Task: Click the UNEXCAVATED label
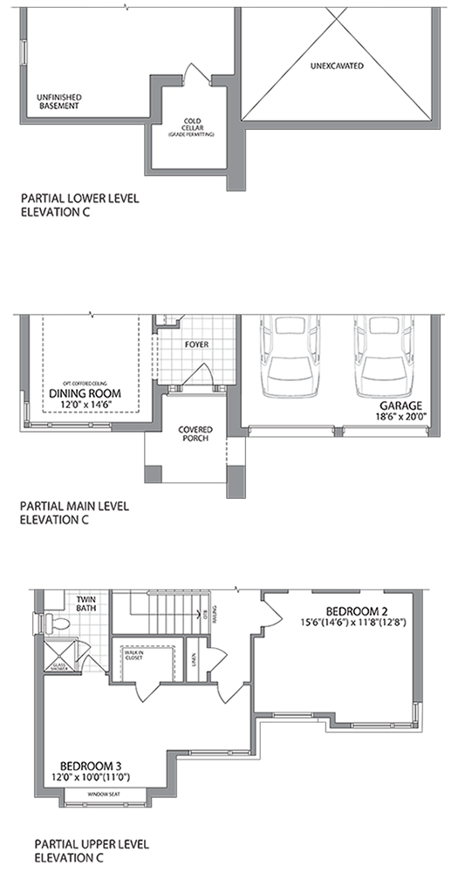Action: pyautogui.click(x=336, y=65)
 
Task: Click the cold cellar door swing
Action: pyautogui.click(x=193, y=77)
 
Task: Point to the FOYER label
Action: pyautogui.click(x=196, y=344)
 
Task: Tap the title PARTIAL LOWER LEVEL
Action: pyautogui.click(x=79, y=199)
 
